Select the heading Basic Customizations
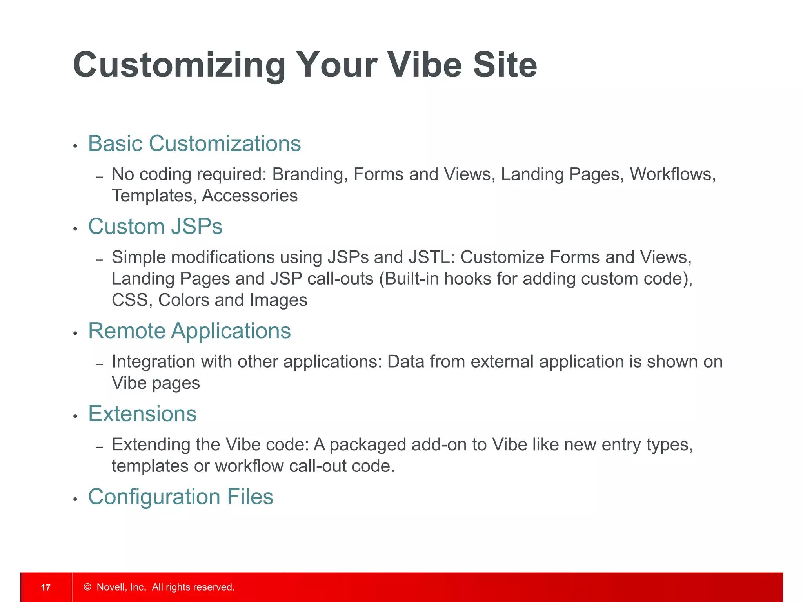point(194,143)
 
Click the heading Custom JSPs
point(155,227)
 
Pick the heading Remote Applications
point(189,331)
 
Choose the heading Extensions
point(142,414)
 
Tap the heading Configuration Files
point(181,497)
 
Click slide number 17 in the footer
point(46,587)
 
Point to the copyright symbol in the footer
point(87,587)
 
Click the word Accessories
point(250,196)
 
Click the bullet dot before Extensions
point(75,417)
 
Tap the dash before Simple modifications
point(100,259)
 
